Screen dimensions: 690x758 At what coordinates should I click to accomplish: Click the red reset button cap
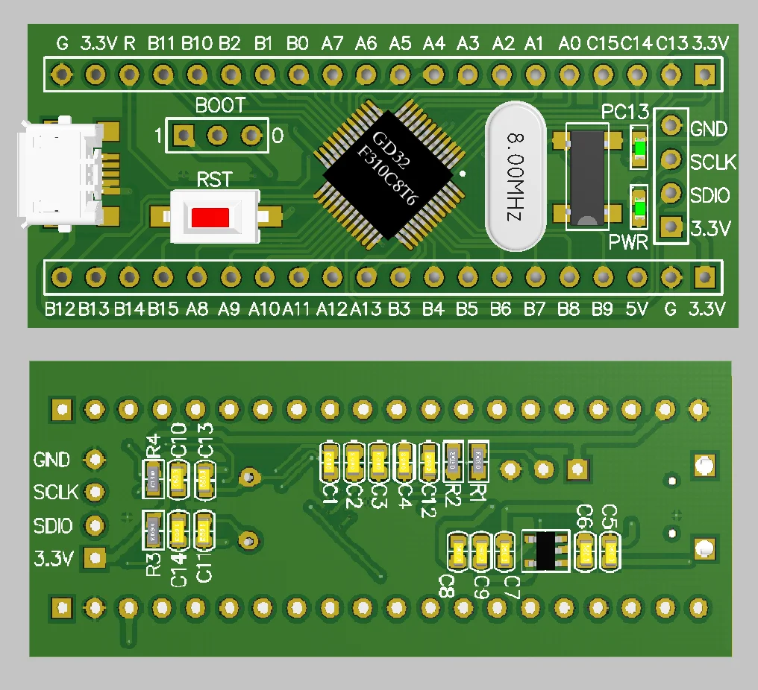pyautogui.click(x=210, y=218)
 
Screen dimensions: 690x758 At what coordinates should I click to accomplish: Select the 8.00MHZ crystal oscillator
pyautogui.click(x=515, y=176)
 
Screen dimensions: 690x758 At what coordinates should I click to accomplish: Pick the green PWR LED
pyautogui.click(x=639, y=208)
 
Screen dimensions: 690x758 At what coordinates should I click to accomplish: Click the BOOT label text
pyautogui.click(x=219, y=106)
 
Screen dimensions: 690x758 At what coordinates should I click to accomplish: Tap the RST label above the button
pyautogui.click(x=213, y=180)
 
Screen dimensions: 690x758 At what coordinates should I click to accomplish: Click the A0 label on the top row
pyautogui.click(x=569, y=44)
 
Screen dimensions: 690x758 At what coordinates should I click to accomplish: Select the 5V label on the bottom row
pyautogui.click(x=636, y=308)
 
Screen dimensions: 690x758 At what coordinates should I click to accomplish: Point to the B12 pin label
pyautogui.click(x=60, y=308)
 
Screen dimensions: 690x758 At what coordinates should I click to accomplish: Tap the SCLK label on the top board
pyautogui.click(x=713, y=162)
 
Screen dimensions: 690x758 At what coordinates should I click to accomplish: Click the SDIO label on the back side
pyautogui.click(x=53, y=526)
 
